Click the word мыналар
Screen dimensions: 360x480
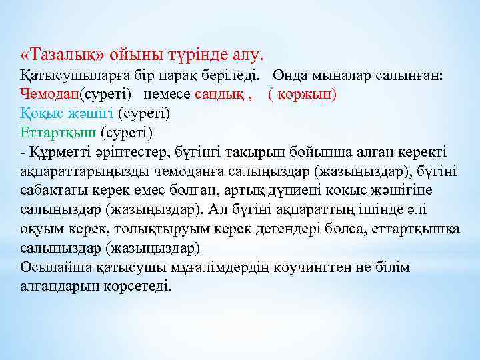[336, 76]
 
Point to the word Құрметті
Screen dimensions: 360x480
[59, 152]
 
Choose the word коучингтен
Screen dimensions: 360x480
[303, 267]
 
